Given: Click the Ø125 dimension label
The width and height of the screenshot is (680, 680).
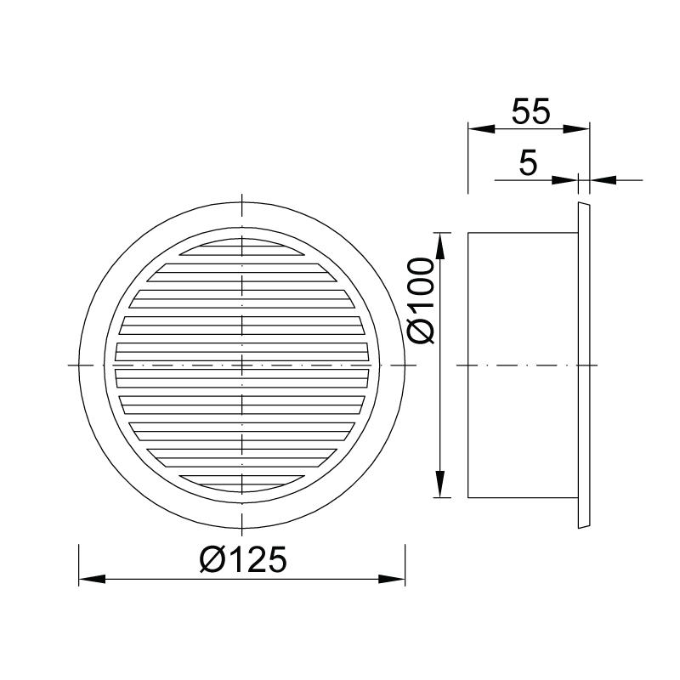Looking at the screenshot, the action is pyautogui.click(x=243, y=559).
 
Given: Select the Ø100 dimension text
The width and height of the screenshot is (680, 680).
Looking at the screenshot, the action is pyautogui.click(x=421, y=301).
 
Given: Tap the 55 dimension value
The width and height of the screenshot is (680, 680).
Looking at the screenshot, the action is pyautogui.click(x=530, y=111).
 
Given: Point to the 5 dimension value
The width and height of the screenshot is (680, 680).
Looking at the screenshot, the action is pyautogui.click(x=528, y=162).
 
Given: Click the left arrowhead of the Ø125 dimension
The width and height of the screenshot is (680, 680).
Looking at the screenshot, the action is pyautogui.click(x=92, y=579).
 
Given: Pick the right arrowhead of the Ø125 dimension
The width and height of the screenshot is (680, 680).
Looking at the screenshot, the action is pyautogui.click(x=392, y=579).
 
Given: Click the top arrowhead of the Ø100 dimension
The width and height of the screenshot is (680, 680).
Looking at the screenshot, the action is pyautogui.click(x=440, y=246).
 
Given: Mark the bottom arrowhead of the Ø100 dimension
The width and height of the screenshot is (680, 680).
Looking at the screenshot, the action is pyautogui.click(x=440, y=484).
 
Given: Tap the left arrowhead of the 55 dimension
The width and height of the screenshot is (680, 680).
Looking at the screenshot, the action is pyautogui.click(x=481, y=129).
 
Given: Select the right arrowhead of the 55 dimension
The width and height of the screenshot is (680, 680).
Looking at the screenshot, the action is pyautogui.click(x=576, y=129).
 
